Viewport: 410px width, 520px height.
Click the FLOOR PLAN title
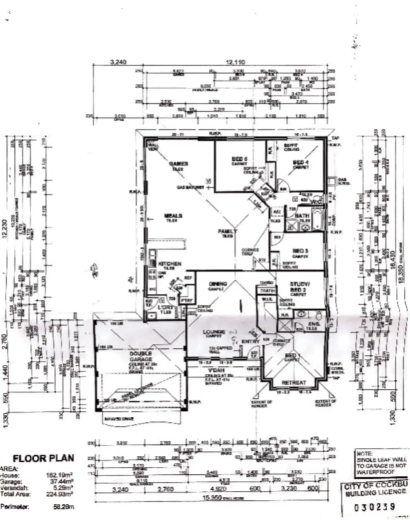44,458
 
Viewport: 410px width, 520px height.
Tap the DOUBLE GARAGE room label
141,357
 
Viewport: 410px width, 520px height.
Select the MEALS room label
173,216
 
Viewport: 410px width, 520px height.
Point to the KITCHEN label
170,263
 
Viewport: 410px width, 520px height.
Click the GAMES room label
179,164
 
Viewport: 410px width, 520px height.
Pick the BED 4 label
301,162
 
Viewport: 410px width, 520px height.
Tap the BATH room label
302,216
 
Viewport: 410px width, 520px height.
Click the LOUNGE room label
214,332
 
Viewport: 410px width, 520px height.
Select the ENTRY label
250,341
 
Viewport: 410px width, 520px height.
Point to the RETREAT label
294,383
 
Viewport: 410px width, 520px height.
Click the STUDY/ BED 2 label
298,287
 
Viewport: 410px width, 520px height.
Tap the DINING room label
218,284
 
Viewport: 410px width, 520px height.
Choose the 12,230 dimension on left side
4,228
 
